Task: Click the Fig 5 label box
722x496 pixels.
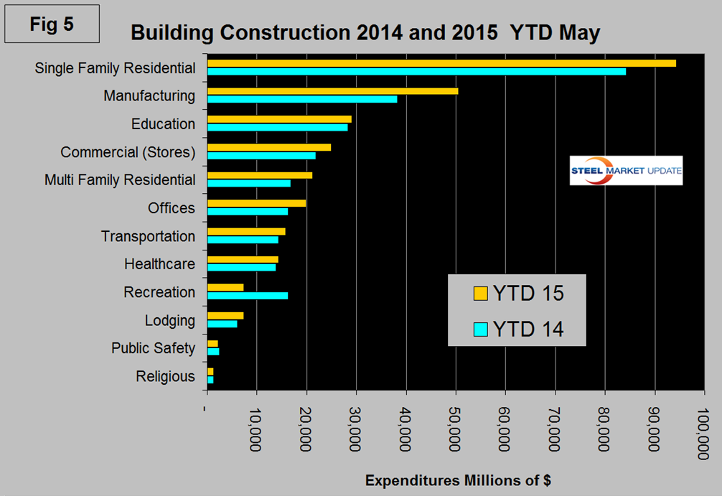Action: [x=52, y=24]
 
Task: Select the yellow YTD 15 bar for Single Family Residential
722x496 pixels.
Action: [x=441, y=63]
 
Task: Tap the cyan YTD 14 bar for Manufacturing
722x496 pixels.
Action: [x=302, y=99]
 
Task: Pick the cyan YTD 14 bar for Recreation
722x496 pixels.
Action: [x=248, y=295]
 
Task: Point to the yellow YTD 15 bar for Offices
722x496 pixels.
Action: [x=257, y=203]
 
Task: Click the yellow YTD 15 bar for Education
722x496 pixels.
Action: [x=279, y=119]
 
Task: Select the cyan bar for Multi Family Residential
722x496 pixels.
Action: [x=249, y=183]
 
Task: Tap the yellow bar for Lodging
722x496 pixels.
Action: [x=225, y=316]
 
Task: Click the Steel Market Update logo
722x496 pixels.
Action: [x=626, y=171]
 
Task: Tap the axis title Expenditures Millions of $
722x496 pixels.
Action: [x=458, y=479]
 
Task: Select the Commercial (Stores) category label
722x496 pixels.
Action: [x=128, y=152]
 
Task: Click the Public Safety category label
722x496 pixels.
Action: [x=153, y=348]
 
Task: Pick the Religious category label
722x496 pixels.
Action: [x=165, y=376]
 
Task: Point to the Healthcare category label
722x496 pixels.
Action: [x=159, y=264]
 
